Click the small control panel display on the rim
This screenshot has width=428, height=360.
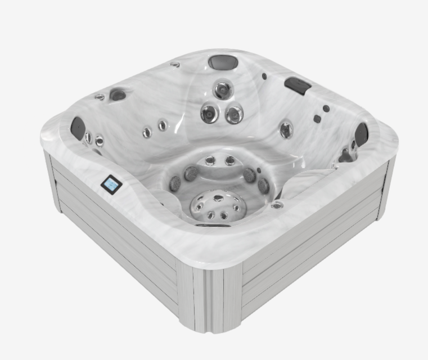coord(111,184)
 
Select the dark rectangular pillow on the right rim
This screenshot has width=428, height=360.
coord(298,85)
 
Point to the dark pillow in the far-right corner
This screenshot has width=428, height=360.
coord(361,134)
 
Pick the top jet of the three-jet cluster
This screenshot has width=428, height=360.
coord(223,90)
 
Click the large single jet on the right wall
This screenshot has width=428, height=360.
coord(286,129)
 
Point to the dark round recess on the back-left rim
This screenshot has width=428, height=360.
coord(118,94)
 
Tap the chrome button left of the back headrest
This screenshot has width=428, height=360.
coord(175,65)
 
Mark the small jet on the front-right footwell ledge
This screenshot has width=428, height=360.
coord(276,205)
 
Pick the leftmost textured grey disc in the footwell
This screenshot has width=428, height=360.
coord(175,182)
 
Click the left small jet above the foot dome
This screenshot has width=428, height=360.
coord(210,161)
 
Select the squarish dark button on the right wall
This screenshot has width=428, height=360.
coord(317,119)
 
